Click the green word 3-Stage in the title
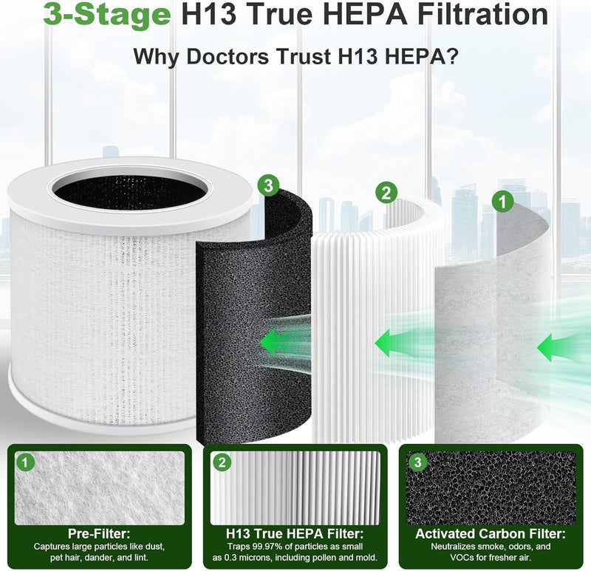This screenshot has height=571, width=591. [x=107, y=14]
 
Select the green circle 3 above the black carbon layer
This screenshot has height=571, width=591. [x=268, y=185]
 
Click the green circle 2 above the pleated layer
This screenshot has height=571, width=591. [x=386, y=193]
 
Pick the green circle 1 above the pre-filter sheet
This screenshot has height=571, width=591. [x=503, y=202]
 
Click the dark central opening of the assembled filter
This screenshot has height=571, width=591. [x=130, y=191]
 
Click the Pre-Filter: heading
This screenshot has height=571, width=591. [x=99, y=533]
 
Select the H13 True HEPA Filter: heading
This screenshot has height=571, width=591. [x=295, y=533]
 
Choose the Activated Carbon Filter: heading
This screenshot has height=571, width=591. [x=491, y=533]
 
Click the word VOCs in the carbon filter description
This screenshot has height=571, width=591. [x=462, y=558]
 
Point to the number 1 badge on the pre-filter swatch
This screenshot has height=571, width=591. [x=25, y=462]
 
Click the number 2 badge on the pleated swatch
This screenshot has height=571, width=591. [x=222, y=462]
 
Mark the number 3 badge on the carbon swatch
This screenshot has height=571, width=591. [x=417, y=462]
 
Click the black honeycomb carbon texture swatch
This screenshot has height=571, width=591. [x=491, y=488]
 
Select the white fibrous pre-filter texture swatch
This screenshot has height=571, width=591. [x=100, y=488]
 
